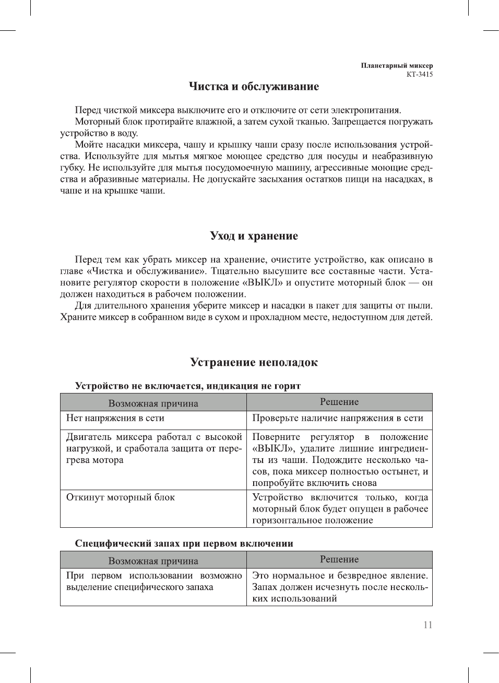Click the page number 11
(428, 624)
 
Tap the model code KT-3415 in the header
(420, 74)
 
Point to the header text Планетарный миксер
(397, 66)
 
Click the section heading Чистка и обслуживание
(254, 87)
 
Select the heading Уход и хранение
(254, 236)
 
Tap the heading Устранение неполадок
(254, 363)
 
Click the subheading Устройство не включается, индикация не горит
(188, 386)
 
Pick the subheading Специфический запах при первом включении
(184, 543)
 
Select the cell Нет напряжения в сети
(115, 418)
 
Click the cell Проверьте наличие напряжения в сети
(338, 418)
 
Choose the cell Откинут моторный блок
(121, 497)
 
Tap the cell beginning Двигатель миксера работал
(153, 448)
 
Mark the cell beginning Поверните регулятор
(340, 460)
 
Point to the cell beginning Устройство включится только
(340, 509)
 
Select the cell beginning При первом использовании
(153, 581)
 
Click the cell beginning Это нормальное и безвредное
(340, 587)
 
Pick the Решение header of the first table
(339, 402)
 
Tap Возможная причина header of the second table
(153, 561)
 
